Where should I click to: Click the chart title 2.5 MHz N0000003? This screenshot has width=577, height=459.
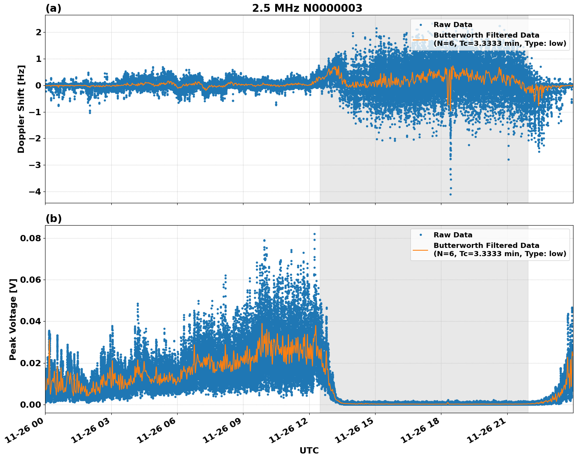pyautogui.click(x=307, y=8)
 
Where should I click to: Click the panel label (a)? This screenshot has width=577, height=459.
pyautogui.click(x=53, y=8)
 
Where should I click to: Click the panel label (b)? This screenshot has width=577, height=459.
pyautogui.click(x=53, y=219)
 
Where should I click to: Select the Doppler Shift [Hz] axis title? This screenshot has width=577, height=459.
pyautogui.click(x=21, y=109)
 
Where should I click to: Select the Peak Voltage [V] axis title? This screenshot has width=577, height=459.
pyautogui.click(x=13, y=319)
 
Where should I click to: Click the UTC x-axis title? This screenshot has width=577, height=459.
pyautogui.click(x=309, y=450)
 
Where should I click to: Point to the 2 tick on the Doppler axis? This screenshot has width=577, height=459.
pyautogui.click(x=38, y=32)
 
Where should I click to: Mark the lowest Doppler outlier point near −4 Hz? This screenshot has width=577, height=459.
pyautogui.click(x=450, y=194)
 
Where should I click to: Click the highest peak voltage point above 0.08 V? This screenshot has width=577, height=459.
pyautogui.click(x=314, y=234)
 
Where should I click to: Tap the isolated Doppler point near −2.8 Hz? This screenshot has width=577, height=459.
pyautogui.click(x=508, y=159)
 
